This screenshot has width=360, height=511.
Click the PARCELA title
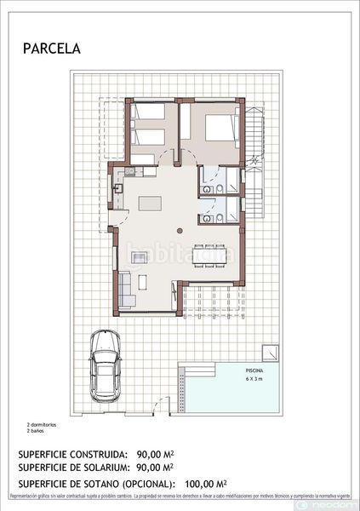tap(52, 49)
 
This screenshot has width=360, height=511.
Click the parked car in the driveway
tap(105, 367)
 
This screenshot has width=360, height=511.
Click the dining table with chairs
tap(210, 254)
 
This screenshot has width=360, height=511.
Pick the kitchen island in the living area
tap(151, 204)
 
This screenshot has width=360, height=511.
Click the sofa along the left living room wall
tap(125, 287)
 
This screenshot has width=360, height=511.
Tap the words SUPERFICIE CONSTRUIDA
tap(73, 456)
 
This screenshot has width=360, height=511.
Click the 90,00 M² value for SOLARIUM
tap(155, 468)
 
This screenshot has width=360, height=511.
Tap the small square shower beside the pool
tap(270, 352)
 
